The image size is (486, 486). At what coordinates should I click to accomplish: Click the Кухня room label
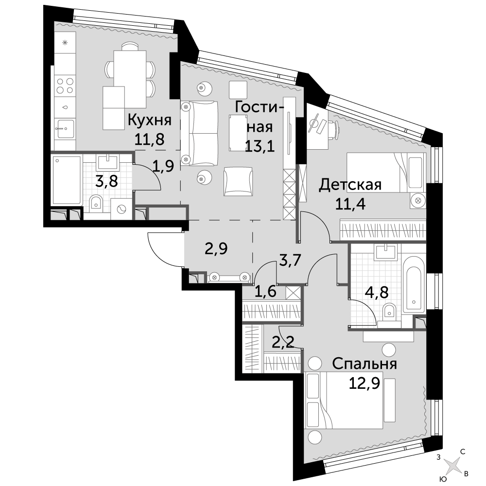(150, 120)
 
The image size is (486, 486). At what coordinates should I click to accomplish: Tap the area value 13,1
(260, 146)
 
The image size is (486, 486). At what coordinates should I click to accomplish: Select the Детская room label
(350, 185)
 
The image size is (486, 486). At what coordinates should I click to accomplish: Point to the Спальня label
(364, 364)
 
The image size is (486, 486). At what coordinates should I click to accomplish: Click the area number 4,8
(378, 292)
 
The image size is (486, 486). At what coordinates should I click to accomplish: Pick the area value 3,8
(106, 181)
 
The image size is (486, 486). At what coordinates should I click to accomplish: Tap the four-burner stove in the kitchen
(65, 86)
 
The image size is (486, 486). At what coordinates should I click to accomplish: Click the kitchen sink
(66, 128)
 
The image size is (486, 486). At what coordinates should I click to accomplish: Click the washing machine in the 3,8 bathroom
(121, 209)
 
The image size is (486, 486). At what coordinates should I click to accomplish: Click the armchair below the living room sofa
(238, 182)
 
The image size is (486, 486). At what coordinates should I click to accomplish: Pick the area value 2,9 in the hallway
(216, 248)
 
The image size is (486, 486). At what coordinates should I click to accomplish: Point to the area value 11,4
(350, 204)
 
